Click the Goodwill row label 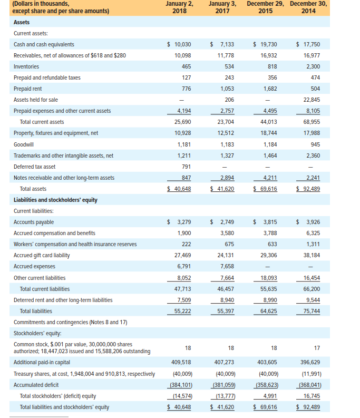click(24, 144)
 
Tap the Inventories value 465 click(186, 67)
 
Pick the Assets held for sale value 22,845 click(312, 100)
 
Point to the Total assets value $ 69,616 click(265, 189)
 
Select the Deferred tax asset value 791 click(186, 167)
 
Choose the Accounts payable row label click(34, 222)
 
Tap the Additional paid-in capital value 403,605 click(267, 363)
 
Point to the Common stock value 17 click(316, 348)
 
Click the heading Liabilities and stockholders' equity click(55, 200)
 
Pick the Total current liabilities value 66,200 click(312, 289)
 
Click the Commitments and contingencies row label click(70, 322)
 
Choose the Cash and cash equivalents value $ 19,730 click(265, 45)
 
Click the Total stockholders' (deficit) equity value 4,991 click(269, 396)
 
